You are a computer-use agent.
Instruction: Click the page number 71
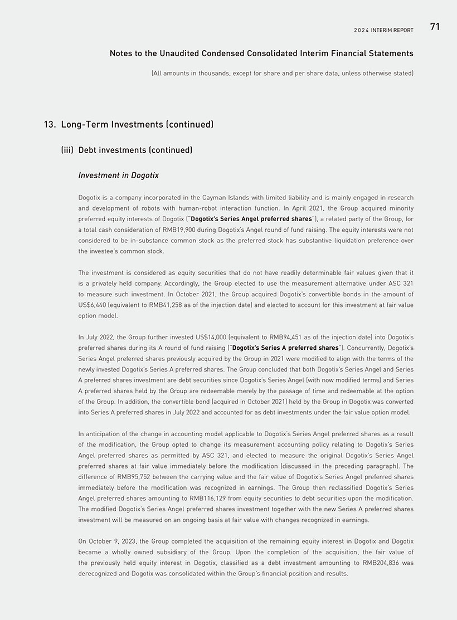[x=435, y=27]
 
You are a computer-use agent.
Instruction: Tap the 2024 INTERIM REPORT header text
[x=383, y=30]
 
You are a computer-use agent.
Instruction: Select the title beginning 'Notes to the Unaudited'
[x=261, y=53]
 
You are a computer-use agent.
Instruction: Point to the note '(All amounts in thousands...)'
[x=282, y=74]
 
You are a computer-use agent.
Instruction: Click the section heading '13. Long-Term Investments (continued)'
[x=129, y=124]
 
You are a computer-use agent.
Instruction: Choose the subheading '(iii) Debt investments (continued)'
[x=127, y=150]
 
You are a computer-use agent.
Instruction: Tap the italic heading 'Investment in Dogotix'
[x=118, y=175]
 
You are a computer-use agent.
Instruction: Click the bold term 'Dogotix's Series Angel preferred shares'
[x=251, y=219]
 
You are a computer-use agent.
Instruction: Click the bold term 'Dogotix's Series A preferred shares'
[x=285, y=348]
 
